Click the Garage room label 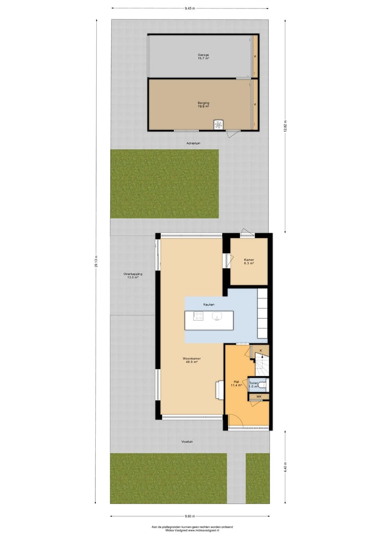tap(204, 57)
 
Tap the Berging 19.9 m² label tap(204, 104)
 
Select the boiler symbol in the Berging tap(218, 125)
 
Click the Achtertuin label tap(193, 143)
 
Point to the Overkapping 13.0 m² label tap(131, 275)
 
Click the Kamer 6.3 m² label tap(249, 262)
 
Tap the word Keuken tap(208, 304)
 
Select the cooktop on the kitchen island tap(198, 316)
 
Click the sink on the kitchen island tap(216, 316)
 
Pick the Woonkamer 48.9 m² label tap(191, 360)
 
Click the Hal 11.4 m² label tap(236, 384)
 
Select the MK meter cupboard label tap(259, 396)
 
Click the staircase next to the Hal tap(261, 366)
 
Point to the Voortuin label tap(186, 441)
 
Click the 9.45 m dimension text tap(190, 8)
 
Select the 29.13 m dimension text tap(96, 262)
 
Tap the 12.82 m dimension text tap(285, 127)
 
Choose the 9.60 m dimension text tap(190, 516)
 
